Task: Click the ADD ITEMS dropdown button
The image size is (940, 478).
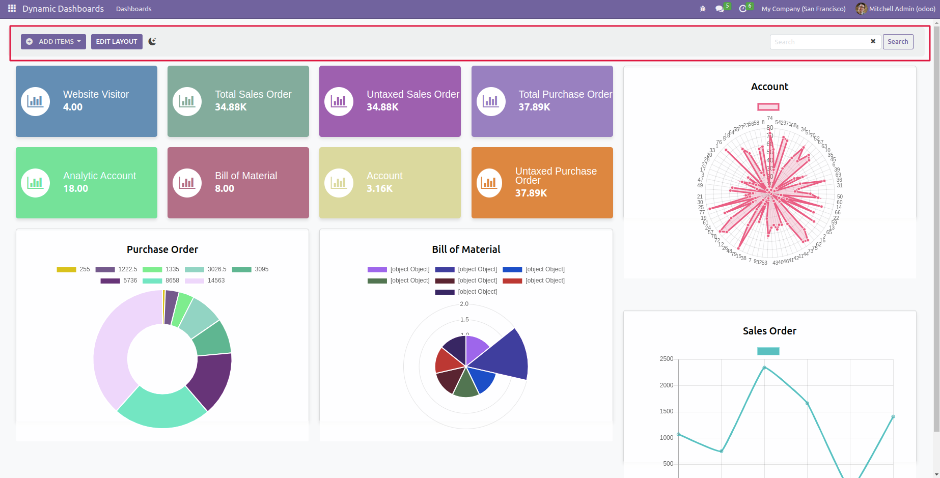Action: pyautogui.click(x=53, y=42)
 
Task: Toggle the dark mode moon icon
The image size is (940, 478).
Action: pyautogui.click(x=152, y=42)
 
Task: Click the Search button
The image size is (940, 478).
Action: pyautogui.click(x=898, y=42)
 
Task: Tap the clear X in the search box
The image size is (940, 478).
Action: pyautogui.click(x=873, y=41)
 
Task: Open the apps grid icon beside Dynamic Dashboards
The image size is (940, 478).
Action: pyautogui.click(x=12, y=9)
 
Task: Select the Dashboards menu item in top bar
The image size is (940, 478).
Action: pyautogui.click(x=133, y=9)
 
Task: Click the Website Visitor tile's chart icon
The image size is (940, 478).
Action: pyautogui.click(x=35, y=101)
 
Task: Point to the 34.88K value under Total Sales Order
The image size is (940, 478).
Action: pyautogui.click(x=231, y=107)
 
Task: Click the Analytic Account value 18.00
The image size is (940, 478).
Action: pyautogui.click(x=75, y=189)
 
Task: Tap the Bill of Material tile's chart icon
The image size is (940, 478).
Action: pyautogui.click(x=187, y=183)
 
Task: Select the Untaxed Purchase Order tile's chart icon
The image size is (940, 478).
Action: pyautogui.click(x=489, y=183)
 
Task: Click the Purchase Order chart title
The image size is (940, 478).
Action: pyautogui.click(x=162, y=249)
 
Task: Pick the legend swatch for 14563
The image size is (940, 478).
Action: pyautogui.click(x=195, y=281)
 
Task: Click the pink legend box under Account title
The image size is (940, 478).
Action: pyautogui.click(x=768, y=107)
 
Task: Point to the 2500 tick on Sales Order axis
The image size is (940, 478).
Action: pyautogui.click(x=666, y=359)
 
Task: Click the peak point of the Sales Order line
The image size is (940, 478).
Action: pyautogui.click(x=764, y=368)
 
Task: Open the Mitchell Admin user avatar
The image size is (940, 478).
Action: pyautogui.click(x=861, y=9)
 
